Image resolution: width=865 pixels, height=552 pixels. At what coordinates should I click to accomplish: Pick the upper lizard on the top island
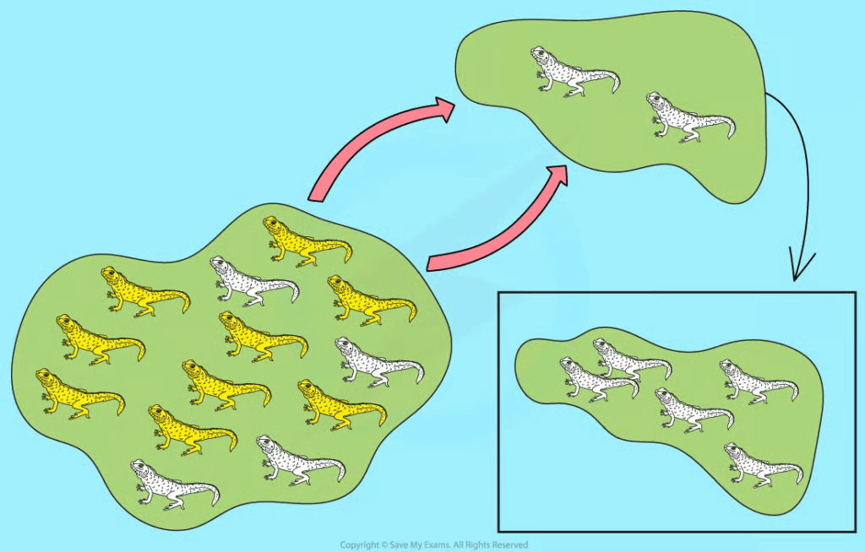pos(575,73)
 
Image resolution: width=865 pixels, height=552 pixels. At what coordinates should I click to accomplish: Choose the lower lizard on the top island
pos(691,117)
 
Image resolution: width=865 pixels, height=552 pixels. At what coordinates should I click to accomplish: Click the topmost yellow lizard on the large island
pos(307,241)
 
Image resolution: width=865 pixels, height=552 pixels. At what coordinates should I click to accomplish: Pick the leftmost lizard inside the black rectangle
pos(600,380)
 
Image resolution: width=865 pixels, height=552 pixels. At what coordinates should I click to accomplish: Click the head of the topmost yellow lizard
pos(272,225)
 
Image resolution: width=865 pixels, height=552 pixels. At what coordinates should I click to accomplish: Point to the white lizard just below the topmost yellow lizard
pos(254,281)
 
